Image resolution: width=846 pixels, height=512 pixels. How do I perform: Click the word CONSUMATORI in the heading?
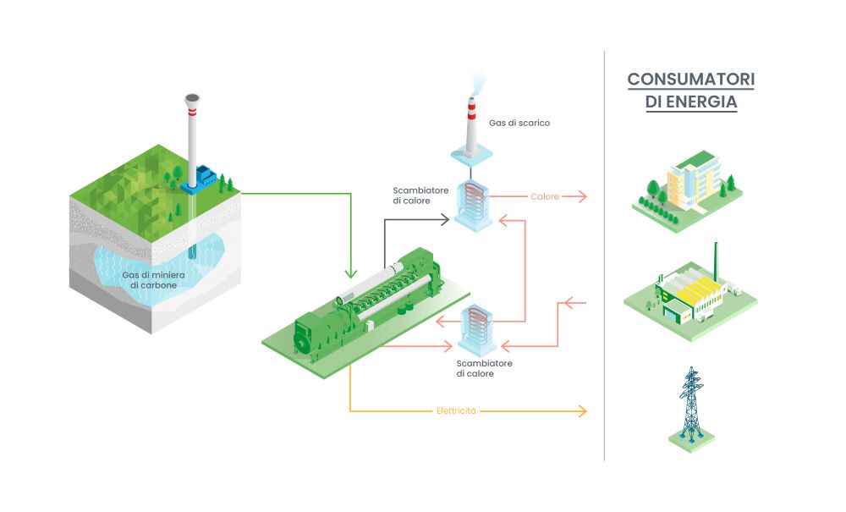pos(690,80)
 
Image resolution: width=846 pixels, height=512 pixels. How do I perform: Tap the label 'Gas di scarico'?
pos(519,123)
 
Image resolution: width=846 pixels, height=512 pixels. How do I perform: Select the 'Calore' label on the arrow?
pos(545,197)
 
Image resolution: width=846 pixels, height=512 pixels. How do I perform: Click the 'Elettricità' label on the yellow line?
pos(457,411)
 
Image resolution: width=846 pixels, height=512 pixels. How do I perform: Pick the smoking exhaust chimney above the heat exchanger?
pos(471,127)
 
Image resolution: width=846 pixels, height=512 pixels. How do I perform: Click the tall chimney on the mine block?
pos(192,135)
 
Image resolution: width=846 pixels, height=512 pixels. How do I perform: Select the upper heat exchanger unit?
pos(471,203)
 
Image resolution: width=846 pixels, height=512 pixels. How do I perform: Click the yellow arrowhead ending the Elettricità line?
pos(582,411)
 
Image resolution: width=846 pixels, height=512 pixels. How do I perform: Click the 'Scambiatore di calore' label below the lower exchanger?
pos(484,368)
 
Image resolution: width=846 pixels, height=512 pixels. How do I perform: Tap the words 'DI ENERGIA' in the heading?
pos(690,102)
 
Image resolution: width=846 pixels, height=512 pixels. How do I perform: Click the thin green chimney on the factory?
pos(717,259)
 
